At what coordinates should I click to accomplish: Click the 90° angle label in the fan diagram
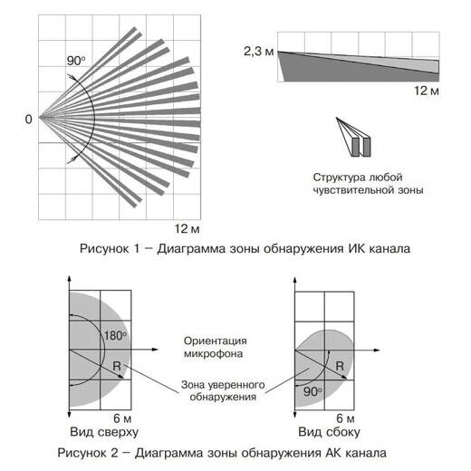tap(76, 61)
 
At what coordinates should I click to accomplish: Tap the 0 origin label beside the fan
tap(28, 120)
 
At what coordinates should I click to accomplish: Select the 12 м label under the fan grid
tap(187, 229)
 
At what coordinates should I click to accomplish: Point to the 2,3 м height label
tap(259, 52)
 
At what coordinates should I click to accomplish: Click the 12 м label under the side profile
tap(427, 91)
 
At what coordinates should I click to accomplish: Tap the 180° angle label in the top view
tap(115, 336)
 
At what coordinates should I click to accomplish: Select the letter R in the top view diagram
tap(117, 366)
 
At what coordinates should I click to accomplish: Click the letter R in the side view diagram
tap(340, 366)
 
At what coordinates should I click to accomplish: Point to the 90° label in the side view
tap(312, 391)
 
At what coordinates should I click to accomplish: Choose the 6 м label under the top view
tap(122, 418)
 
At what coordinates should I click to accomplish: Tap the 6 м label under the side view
tap(345, 418)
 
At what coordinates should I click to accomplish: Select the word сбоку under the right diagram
tap(342, 432)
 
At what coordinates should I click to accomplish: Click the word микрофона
tap(214, 353)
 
